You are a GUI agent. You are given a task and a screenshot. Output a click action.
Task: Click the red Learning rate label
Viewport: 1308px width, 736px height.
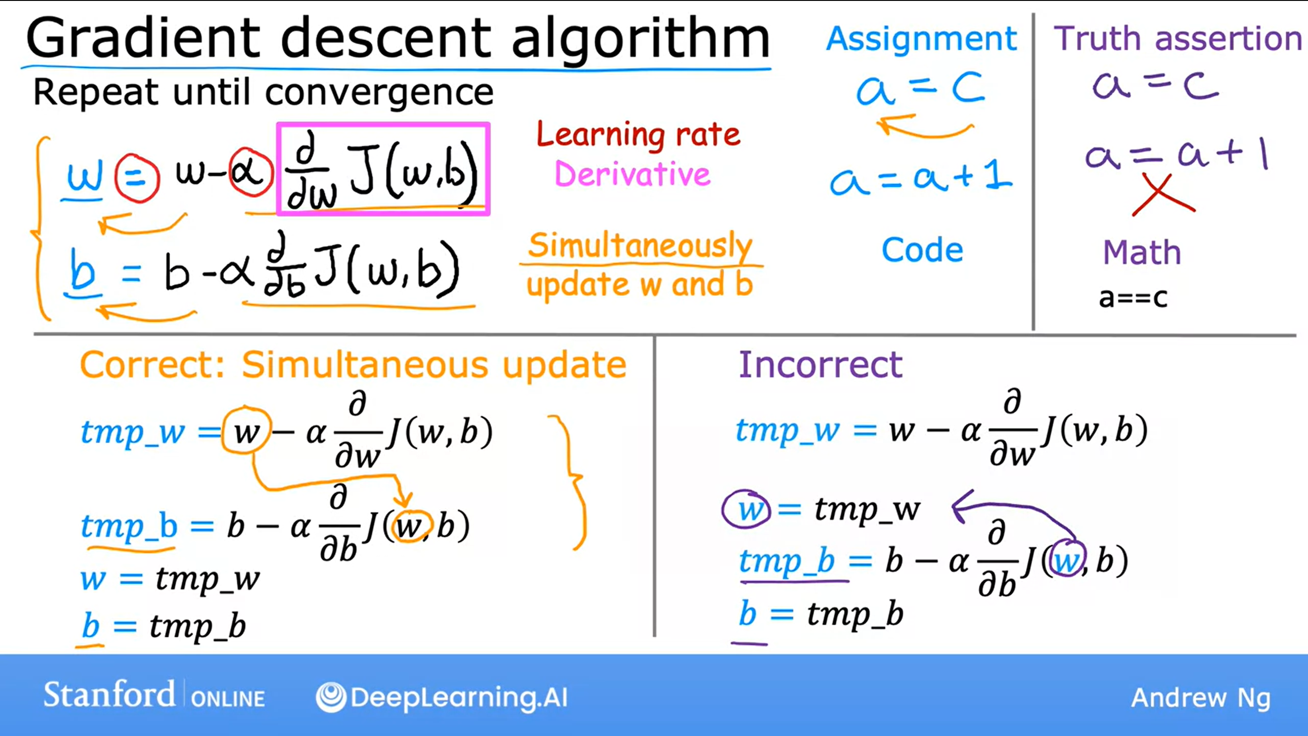[x=638, y=135]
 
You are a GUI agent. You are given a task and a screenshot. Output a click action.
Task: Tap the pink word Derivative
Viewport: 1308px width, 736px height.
[x=632, y=174]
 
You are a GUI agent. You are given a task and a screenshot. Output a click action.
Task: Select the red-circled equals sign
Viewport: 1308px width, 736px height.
[x=137, y=178]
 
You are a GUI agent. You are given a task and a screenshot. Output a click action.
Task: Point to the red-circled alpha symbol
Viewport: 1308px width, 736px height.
[x=250, y=173]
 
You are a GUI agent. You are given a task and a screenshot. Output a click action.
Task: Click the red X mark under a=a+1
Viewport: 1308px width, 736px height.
[x=1163, y=195]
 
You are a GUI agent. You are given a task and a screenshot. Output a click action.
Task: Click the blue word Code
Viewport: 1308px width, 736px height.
[x=922, y=250]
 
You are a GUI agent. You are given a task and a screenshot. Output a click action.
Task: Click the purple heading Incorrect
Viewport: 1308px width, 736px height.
[x=821, y=365]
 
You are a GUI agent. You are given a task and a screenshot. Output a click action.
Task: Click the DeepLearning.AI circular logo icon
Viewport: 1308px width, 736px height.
[x=331, y=697]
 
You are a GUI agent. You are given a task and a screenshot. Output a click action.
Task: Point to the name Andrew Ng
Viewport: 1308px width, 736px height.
[x=1201, y=698]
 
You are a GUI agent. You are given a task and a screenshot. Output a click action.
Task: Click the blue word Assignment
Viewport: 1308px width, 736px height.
[x=921, y=40]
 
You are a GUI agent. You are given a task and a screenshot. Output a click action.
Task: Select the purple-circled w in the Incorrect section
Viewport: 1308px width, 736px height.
[x=746, y=510]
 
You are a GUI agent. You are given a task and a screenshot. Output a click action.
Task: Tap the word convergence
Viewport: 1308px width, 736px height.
[x=379, y=93]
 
